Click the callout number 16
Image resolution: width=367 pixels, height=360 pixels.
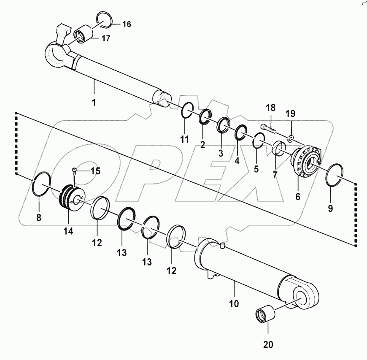click(x=127, y=24)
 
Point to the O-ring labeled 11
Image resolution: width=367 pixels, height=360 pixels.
click(x=187, y=111)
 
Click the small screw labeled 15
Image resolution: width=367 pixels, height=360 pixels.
click(x=74, y=171)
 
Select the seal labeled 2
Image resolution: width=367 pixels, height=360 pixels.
click(x=205, y=116)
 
